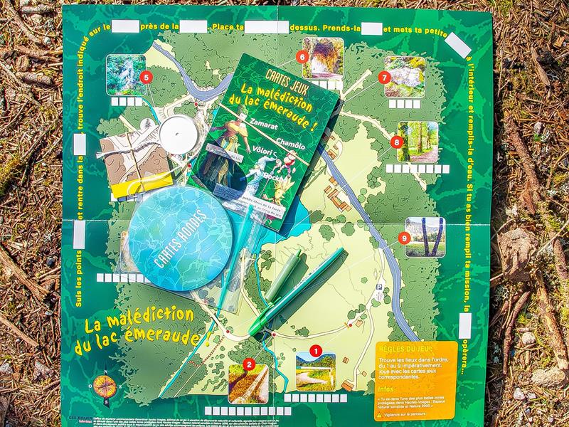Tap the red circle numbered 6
click(302, 56)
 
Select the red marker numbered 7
click(385, 77)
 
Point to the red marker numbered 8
click(397, 142)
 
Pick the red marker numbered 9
click(405, 238)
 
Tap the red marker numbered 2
click(249, 365)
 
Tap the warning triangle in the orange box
click(378, 413)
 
